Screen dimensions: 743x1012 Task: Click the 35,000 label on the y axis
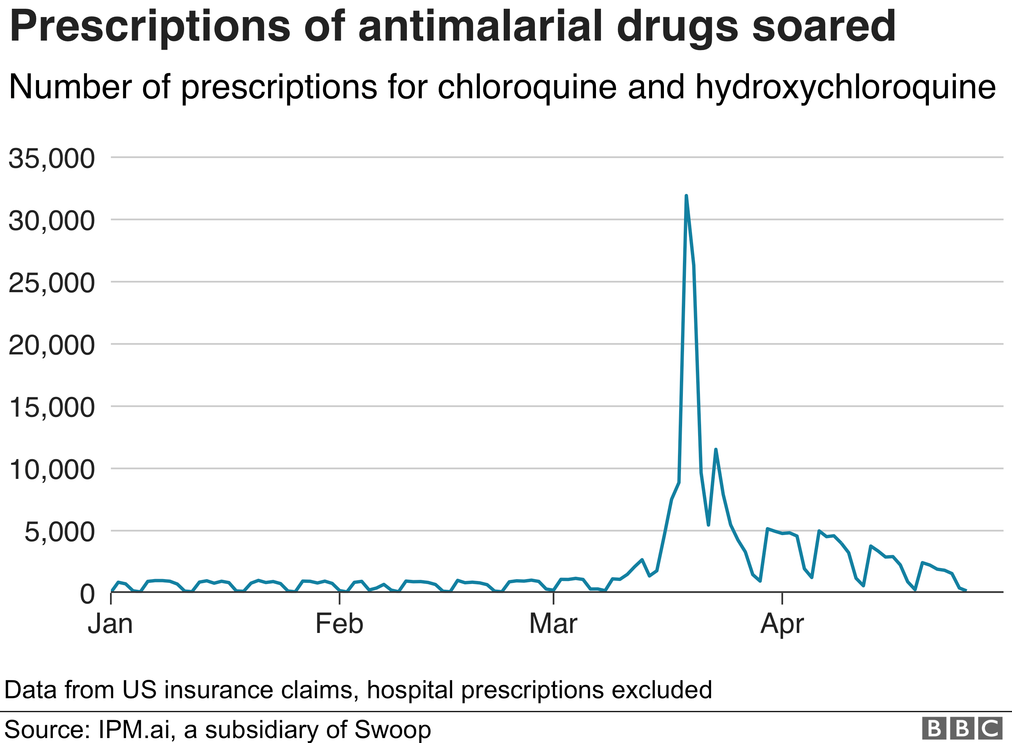pos(51,159)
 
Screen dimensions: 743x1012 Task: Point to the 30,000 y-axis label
pos(51,221)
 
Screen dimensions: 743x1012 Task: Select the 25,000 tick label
pos(51,283)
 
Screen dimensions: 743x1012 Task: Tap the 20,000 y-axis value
pos(51,345)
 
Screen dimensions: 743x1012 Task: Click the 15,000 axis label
pos(51,408)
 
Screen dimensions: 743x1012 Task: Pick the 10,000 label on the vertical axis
pos(51,470)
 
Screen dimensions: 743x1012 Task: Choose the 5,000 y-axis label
pos(59,532)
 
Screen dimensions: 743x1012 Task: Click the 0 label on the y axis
pos(87,594)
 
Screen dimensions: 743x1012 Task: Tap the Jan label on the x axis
pos(110,624)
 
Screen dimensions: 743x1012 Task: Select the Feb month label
pos(339,624)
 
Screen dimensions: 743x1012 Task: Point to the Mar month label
pos(553,624)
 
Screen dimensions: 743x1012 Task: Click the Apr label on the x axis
pos(782,624)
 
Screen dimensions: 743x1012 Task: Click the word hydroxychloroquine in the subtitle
pos(846,88)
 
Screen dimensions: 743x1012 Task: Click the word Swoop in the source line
pos(392,729)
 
